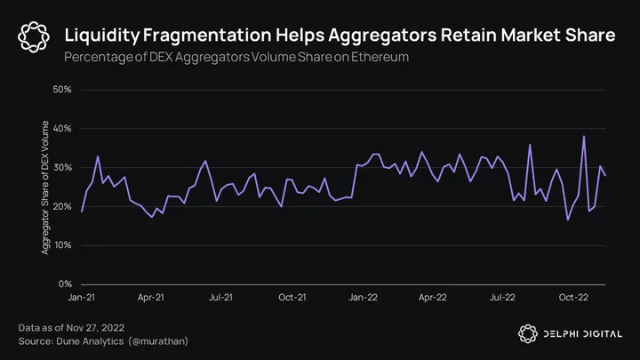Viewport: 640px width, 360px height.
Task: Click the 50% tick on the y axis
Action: coord(62,90)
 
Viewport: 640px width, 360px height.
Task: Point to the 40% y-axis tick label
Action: coord(62,129)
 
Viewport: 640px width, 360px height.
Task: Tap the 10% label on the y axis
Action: coord(62,245)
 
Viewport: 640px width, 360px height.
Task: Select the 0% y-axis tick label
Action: coord(65,284)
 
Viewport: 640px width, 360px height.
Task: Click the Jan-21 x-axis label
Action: coord(81,297)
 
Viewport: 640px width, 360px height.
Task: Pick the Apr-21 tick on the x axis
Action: coord(150,297)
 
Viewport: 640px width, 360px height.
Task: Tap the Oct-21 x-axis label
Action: coord(292,297)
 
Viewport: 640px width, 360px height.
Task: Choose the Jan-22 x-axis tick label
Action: coord(363,297)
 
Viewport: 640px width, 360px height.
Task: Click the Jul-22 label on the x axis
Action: coord(502,297)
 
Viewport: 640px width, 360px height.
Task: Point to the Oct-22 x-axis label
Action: coord(573,297)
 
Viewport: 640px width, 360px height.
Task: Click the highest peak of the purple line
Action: coord(584,136)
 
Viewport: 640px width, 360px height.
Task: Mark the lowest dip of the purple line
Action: coord(568,220)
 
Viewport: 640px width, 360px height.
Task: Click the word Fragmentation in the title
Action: coord(207,35)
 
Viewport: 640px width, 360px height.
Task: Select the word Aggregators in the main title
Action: coord(382,36)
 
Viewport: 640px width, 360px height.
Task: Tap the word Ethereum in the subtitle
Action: coord(380,57)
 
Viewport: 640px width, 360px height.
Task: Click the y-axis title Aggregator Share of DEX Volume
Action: coord(45,188)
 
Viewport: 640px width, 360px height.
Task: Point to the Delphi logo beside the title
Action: coord(34,36)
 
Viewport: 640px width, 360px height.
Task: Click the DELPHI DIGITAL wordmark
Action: coord(583,334)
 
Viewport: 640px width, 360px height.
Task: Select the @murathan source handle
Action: coord(158,341)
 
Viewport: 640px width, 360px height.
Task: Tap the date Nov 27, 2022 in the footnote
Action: coord(95,328)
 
